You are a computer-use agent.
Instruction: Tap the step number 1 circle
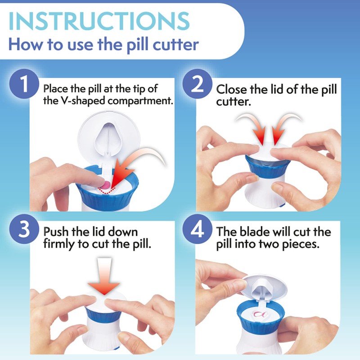pyautogui.click(x=22, y=84)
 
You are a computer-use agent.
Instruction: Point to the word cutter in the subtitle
pyautogui.click(x=175, y=45)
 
